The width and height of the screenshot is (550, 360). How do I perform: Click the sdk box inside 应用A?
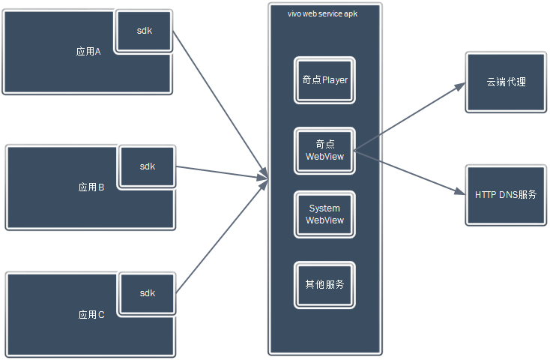[x=145, y=31]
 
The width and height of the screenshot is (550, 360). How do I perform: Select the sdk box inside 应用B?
[x=147, y=166]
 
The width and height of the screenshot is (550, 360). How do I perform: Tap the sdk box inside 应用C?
[x=147, y=293]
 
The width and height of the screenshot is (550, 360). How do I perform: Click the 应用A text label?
[x=88, y=52]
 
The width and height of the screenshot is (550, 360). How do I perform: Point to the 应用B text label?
[x=91, y=187]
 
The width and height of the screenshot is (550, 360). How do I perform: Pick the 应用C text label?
[x=91, y=315]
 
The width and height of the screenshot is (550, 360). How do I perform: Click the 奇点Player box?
[x=324, y=80]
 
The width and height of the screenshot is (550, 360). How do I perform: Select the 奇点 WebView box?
[x=324, y=151]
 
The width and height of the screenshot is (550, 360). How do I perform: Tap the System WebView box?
[x=324, y=214]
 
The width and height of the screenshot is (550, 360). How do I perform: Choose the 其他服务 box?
[x=324, y=285]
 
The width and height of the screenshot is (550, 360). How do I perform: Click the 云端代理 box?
[x=505, y=82]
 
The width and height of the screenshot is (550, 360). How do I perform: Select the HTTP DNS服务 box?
[x=505, y=195]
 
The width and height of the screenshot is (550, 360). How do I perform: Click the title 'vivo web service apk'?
[x=322, y=14]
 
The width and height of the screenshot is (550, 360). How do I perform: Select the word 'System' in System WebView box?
[x=324, y=208]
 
